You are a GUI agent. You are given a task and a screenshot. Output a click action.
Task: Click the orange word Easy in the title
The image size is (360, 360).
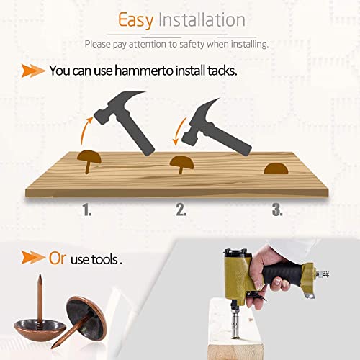coord(136,21)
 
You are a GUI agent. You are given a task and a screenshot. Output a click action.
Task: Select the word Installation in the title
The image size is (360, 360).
coord(202,19)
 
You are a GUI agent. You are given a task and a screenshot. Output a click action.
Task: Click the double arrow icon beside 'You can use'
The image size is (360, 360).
coord(33,71)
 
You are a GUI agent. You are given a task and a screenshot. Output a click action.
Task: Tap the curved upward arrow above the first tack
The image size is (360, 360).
coord(86,131)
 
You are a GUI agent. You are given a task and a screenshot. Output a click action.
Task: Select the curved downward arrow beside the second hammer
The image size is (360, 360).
coord(179,131)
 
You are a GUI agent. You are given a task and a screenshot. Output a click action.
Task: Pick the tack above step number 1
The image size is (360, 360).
coord(89,161)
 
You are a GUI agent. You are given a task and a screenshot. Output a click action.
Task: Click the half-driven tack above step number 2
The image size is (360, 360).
coord(181,164)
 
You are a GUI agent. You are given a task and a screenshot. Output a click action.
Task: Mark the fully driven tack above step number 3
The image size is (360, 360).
coord(276,168)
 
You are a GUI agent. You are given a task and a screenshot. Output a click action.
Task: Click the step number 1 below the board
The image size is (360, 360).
coord(87,210)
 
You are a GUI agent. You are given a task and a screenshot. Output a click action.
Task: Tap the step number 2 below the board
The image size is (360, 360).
coord(181,210)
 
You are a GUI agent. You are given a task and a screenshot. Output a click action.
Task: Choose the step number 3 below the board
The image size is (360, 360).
coord(277,210)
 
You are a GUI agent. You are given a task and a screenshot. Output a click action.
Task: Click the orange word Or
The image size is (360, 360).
coord(58,258)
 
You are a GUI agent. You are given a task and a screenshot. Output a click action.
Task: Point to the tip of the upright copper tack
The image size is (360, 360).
coord(40,276)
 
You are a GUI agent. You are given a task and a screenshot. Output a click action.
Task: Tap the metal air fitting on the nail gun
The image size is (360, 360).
coord(322,274)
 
